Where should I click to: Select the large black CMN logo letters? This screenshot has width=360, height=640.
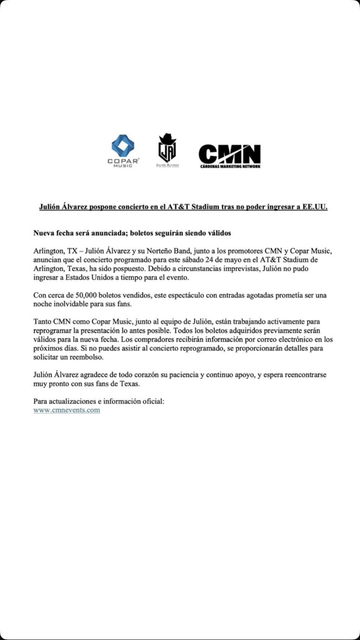point(229,154)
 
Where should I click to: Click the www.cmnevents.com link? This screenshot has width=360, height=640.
point(67,410)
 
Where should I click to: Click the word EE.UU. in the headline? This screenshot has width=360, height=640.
point(314,207)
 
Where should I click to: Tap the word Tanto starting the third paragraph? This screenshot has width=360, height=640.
point(43,321)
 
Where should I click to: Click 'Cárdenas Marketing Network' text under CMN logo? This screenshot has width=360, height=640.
point(229,166)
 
